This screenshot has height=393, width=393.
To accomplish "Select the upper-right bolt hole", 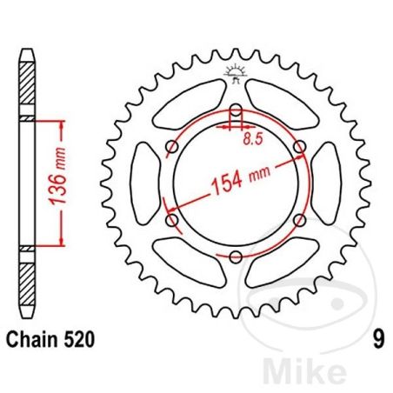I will (300, 148).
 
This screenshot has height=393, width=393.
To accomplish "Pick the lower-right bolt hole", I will (300, 220).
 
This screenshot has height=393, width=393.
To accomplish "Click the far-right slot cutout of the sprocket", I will (328, 183).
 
